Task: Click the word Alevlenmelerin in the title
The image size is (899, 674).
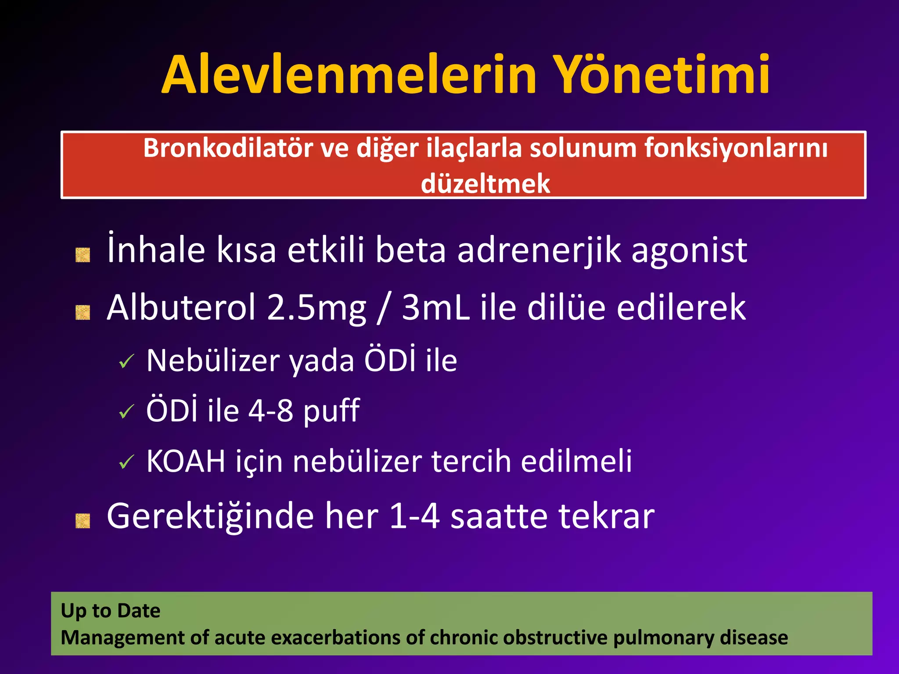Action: [x=349, y=75]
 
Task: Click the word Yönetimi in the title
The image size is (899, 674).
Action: [x=660, y=75]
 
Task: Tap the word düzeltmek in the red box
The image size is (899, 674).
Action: [x=485, y=183]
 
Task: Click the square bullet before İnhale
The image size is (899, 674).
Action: [x=83, y=255]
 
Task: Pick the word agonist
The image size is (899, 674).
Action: [x=689, y=251]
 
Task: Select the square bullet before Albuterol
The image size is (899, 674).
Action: [x=83, y=312]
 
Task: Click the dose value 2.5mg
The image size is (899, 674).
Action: [x=316, y=308]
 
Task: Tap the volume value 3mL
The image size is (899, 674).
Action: [x=435, y=308]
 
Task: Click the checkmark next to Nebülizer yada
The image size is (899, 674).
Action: [x=126, y=362]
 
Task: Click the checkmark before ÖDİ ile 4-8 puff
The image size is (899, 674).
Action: [x=126, y=412]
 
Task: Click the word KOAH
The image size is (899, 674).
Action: [x=186, y=462]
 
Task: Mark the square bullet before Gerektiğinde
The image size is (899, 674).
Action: [x=83, y=521]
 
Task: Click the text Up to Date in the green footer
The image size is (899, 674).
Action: [x=111, y=611]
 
